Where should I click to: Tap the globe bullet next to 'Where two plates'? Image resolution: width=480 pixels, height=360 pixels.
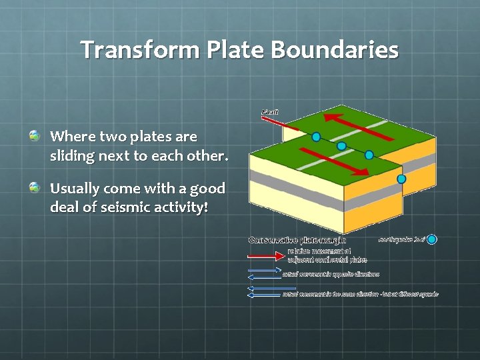click(x=34, y=136)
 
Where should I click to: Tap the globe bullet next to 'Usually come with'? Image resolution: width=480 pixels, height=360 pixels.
click(x=34, y=188)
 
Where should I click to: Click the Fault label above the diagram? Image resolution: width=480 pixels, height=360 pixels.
click(x=270, y=112)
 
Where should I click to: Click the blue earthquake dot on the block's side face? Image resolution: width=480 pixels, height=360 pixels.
click(x=401, y=179)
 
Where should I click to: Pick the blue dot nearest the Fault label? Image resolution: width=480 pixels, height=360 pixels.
click(x=317, y=137)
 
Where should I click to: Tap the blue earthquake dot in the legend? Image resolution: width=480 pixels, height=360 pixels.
click(x=432, y=239)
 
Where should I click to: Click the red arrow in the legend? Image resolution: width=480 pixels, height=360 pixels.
click(x=266, y=255)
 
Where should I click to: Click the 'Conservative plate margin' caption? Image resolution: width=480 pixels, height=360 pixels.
click(x=297, y=239)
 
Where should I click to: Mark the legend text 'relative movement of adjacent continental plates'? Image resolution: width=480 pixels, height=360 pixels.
click(x=327, y=255)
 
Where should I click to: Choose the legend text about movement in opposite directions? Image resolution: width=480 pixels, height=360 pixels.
click(x=331, y=273)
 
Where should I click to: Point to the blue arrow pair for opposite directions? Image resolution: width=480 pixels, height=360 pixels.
click(x=265, y=273)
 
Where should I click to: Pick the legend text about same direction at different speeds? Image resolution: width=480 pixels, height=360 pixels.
click(x=360, y=293)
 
